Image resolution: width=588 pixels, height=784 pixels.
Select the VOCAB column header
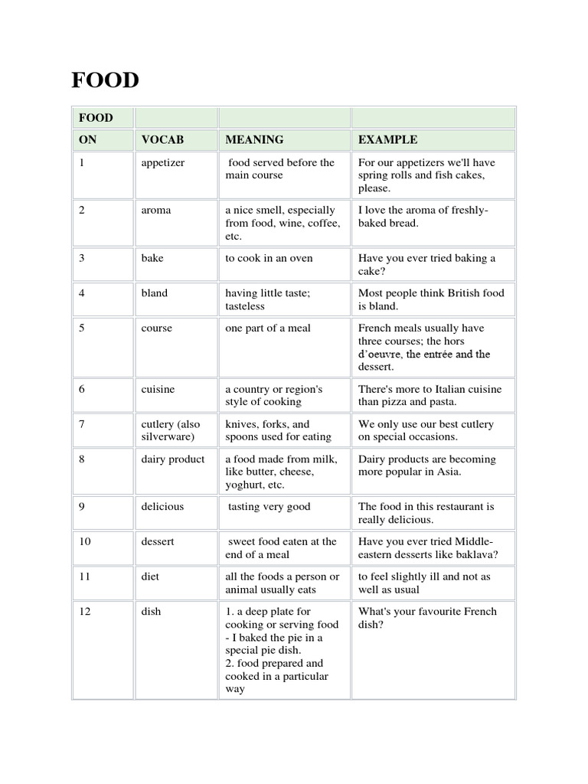[x=162, y=139]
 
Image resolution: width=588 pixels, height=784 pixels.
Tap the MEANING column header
[x=254, y=139]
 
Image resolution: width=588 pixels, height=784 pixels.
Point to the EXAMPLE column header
[x=388, y=139]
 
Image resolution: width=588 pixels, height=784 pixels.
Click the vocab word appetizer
[x=163, y=162]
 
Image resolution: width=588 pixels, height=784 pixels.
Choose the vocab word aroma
[x=156, y=210]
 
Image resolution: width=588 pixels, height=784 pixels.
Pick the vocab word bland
[x=154, y=292]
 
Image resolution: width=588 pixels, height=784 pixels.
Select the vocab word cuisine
[x=158, y=389]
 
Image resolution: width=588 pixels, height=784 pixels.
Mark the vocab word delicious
[x=162, y=506]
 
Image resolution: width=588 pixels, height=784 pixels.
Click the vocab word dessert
[x=158, y=541]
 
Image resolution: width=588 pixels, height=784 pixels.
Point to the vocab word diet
[x=150, y=577]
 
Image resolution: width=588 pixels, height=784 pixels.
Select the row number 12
[x=84, y=612]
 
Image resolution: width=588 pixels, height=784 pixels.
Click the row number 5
[x=82, y=328]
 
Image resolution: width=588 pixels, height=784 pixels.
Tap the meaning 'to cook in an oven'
[x=269, y=258]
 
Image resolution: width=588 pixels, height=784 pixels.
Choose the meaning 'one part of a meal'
[x=268, y=328]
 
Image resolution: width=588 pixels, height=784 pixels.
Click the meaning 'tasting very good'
[x=269, y=506]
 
